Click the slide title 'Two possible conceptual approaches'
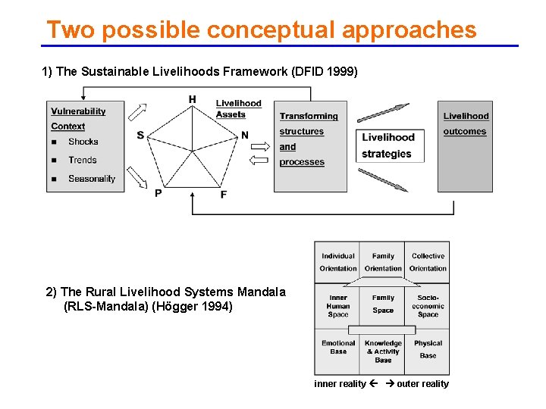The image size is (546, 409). pos(262,30)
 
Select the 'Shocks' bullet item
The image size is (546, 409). pos(83,142)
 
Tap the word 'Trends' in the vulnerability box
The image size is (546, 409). pos(82,160)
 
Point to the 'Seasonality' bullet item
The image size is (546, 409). pos(91,179)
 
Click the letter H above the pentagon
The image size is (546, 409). pos(192,99)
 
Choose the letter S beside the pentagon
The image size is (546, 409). pos(140,135)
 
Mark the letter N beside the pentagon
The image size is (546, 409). pos(244,136)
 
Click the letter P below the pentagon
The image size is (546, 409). pos(158,193)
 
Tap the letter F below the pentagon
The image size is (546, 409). pos(223,195)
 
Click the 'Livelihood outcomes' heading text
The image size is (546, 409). pos(466,123)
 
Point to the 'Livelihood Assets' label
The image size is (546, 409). pos(237,109)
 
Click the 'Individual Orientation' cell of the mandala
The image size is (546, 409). pos(338,262)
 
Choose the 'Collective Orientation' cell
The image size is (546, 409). pos(428,262)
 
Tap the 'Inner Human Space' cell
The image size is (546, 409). pos(338,306)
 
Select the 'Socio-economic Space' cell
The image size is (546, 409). pos(428,306)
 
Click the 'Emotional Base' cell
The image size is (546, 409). pos(338,348)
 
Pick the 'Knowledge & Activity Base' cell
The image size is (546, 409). pos(383,351)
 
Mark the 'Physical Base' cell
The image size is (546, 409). pos(428,348)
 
